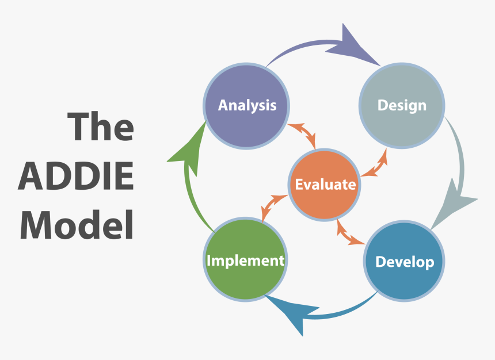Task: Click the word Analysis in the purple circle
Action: click(247, 105)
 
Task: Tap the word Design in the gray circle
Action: click(402, 105)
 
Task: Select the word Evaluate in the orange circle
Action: click(325, 185)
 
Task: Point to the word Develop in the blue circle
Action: click(404, 262)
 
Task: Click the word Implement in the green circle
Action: click(245, 261)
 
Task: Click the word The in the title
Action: click(101, 127)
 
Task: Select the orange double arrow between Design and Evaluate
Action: click(374, 164)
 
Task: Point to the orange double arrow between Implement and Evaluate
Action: click(274, 206)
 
